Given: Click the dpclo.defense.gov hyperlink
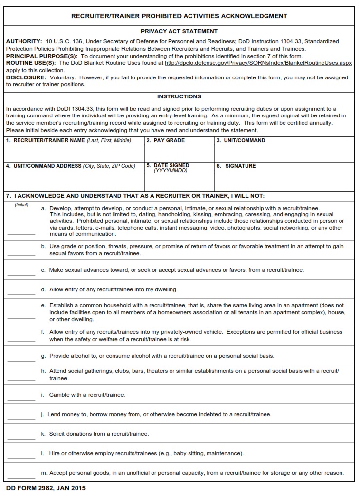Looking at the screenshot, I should [x=258, y=63].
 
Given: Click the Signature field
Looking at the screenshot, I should [x=284, y=179].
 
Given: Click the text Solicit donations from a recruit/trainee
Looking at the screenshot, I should [x=99, y=434].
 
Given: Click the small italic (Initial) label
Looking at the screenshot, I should [x=21, y=205].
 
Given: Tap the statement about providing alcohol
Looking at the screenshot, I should [x=161, y=356].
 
